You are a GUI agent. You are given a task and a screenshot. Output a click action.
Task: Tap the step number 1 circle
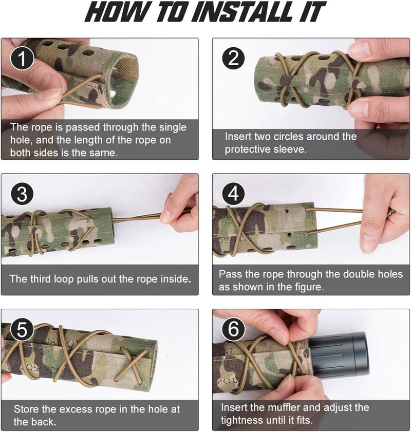tap(22, 59)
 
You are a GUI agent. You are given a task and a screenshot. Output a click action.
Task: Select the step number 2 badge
tap(233, 59)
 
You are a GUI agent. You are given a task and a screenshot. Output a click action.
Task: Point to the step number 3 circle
tap(22, 194)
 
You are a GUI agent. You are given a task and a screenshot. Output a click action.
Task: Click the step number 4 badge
tap(233, 194)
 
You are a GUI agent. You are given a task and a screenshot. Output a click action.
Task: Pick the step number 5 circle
tap(22, 329)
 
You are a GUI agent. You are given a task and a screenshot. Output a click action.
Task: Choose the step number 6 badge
tap(233, 329)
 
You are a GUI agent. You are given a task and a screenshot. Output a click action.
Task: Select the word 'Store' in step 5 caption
tap(26, 409)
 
